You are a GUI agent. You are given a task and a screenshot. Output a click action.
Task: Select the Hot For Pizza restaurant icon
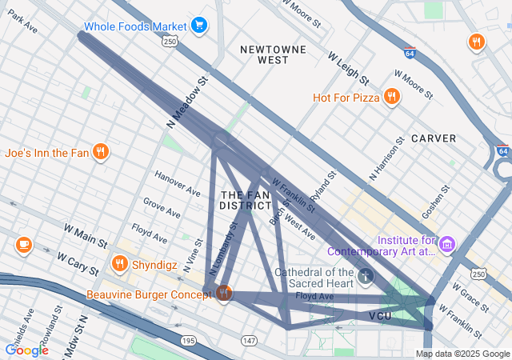click(x=391, y=97)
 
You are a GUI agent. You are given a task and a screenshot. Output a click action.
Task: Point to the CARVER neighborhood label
click(x=434, y=138)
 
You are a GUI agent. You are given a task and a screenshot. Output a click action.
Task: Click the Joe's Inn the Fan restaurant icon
click(x=100, y=152)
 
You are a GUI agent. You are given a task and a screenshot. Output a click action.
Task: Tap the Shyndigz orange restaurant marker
click(x=119, y=263)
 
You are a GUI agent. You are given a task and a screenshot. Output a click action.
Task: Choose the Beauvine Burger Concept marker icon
click(x=224, y=294)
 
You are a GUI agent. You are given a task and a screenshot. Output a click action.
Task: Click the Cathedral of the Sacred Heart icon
click(x=366, y=277)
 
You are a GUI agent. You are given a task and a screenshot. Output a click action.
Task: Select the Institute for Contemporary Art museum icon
click(x=446, y=243)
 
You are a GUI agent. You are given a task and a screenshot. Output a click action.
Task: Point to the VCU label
click(x=381, y=317)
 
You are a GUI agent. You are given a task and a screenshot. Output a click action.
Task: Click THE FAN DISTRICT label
click(x=246, y=201)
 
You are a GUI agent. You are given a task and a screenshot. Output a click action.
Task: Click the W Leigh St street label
click(x=348, y=69)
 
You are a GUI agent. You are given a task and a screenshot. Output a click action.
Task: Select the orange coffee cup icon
click(x=24, y=244)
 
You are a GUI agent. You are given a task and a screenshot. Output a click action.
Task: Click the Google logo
click(x=26, y=350)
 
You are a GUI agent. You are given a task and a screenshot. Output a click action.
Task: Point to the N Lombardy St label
click(x=224, y=249)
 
